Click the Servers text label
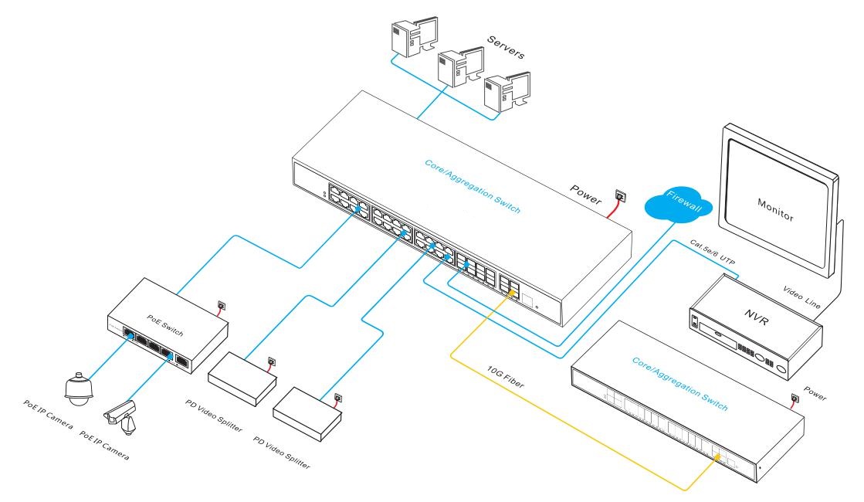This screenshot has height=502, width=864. [x=505, y=46]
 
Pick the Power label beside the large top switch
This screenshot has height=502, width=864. [x=584, y=192]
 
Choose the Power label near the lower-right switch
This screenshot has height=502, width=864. [x=815, y=392]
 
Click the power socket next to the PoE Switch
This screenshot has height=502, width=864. [x=221, y=306]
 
